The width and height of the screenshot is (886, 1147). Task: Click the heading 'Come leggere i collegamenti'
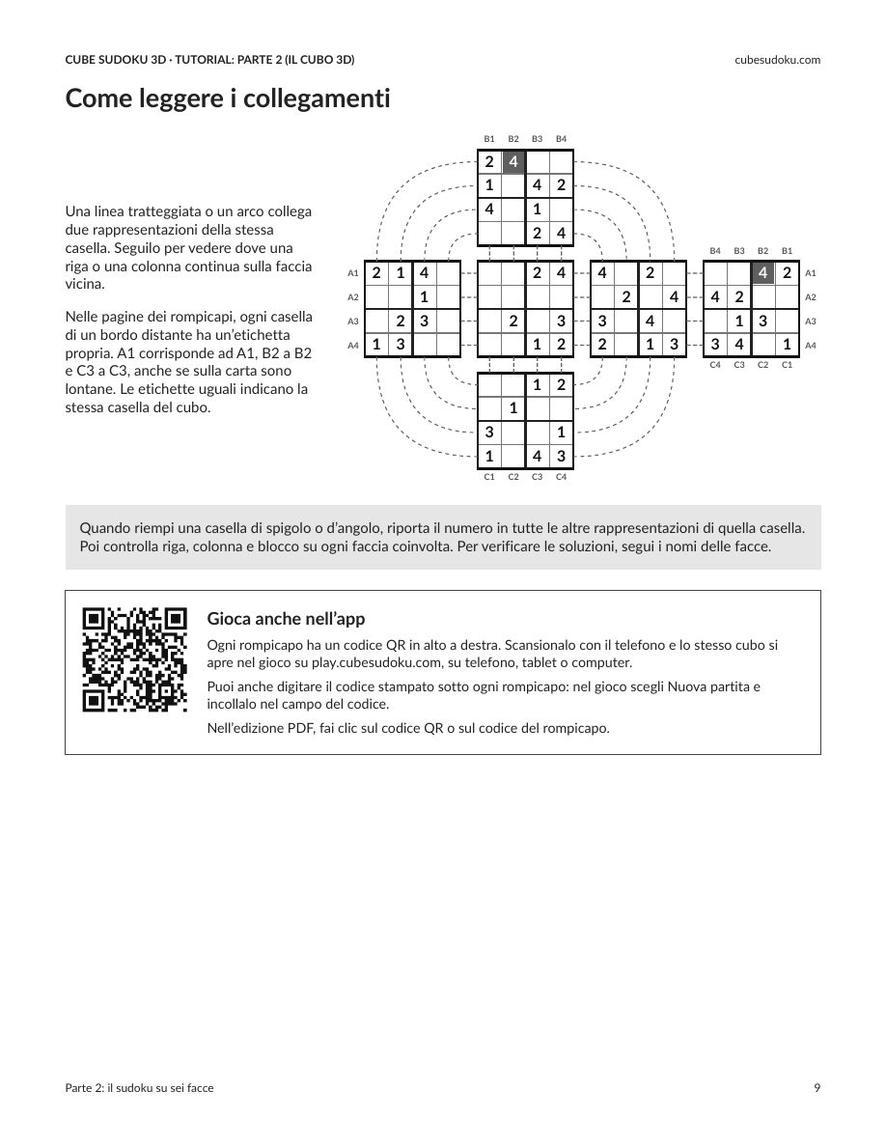click(x=228, y=98)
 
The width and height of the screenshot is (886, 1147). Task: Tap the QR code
click(x=134, y=659)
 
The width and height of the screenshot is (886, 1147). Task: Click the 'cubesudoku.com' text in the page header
click(x=777, y=60)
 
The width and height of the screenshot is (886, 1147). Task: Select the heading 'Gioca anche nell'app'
click(x=286, y=619)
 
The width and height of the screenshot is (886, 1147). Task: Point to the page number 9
click(x=817, y=1088)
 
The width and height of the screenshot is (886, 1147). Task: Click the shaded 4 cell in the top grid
click(x=513, y=161)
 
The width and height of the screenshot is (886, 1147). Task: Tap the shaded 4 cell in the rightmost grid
click(x=763, y=273)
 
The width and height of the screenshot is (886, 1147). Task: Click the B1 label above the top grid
click(x=489, y=139)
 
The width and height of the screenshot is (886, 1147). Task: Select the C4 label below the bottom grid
click(x=561, y=477)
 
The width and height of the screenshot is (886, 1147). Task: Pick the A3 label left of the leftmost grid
click(x=353, y=322)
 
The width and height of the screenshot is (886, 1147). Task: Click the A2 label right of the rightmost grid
click(x=811, y=297)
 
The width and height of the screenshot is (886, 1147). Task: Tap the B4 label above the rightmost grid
click(x=715, y=251)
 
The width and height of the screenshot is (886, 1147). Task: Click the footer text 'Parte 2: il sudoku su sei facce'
click(x=140, y=1088)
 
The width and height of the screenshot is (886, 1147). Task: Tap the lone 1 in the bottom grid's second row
click(x=513, y=408)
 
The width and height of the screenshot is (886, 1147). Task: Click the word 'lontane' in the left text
click(x=89, y=389)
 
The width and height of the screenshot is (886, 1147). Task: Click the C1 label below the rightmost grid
click(x=787, y=365)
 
